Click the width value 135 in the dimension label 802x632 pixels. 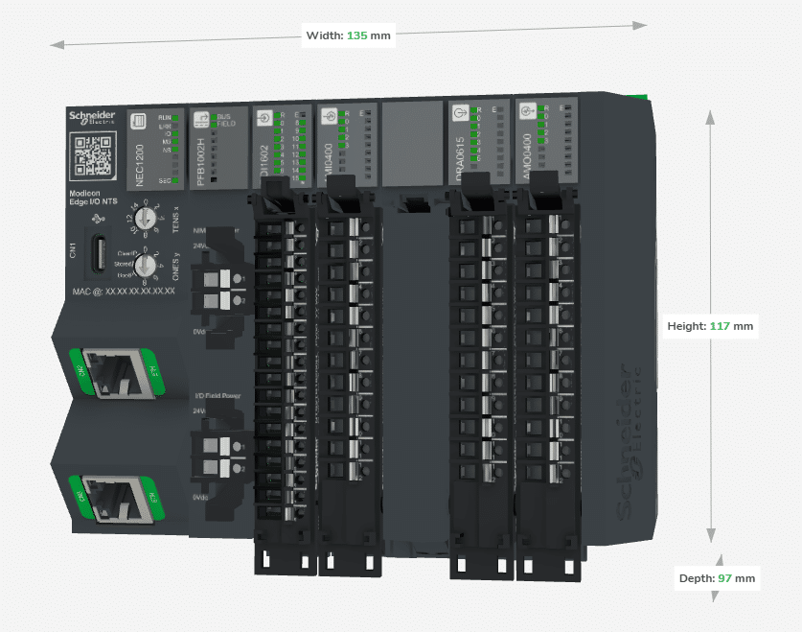[x=356, y=35]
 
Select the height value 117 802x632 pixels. [x=720, y=326]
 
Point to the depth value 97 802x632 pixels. [x=725, y=578]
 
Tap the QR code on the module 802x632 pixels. [x=93, y=155]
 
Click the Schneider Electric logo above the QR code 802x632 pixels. [x=92, y=118]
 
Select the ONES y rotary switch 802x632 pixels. [x=146, y=263]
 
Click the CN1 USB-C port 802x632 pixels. [x=100, y=253]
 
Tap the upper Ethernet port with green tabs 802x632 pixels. [x=111, y=373]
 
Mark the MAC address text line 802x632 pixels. [x=124, y=291]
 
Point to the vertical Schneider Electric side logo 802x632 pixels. [x=634, y=441]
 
